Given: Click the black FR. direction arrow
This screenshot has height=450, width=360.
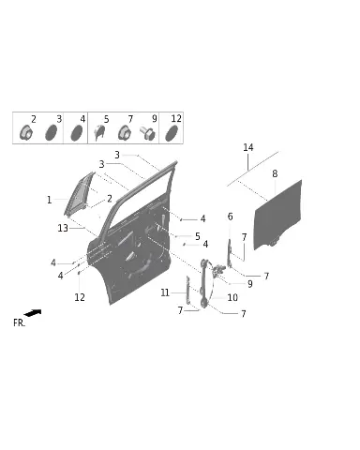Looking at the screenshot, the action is (33, 312).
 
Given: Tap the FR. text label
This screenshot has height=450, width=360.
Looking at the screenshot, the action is (19, 322).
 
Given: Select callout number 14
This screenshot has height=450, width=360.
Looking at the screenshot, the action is (248, 147).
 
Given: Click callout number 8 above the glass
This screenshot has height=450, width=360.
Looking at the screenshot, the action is (275, 173).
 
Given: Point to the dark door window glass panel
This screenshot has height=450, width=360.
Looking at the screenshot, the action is (277, 215).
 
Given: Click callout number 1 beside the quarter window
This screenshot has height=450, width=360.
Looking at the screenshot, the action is (49, 200).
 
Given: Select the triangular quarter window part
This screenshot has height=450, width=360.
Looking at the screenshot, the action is (80, 194).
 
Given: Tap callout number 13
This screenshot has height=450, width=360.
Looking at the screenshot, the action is (63, 228).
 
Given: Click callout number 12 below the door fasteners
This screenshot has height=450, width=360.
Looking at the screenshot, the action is (80, 297).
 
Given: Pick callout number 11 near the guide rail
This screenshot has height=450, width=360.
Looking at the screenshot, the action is (165, 292).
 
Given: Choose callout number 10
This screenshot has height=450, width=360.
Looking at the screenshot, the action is (232, 297).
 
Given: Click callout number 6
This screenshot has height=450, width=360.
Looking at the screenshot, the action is (230, 217).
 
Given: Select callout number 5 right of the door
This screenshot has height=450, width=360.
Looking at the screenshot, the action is (198, 236).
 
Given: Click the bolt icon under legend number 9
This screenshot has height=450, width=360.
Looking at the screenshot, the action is (147, 133).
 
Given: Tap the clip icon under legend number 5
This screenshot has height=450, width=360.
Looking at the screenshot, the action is (99, 132).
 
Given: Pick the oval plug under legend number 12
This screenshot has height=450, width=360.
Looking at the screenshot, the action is (172, 133).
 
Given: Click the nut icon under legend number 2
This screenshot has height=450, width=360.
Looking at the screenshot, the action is (25, 132).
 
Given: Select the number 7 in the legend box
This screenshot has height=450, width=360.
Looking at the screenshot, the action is (130, 119).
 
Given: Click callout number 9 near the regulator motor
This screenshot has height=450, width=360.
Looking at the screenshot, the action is (249, 284).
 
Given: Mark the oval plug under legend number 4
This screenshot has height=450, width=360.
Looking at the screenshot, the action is (77, 133).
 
